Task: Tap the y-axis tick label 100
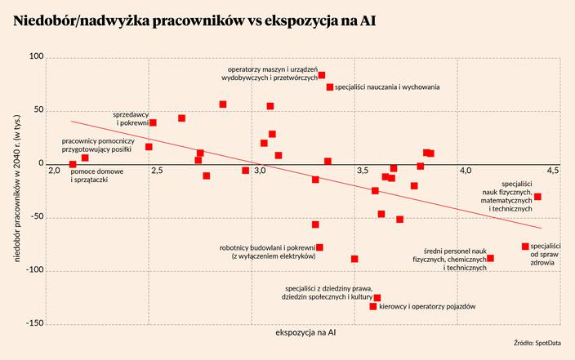tap(36, 57)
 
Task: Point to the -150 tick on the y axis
tap(33, 324)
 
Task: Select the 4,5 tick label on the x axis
tap(554, 171)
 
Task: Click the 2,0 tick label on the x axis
tap(54, 171)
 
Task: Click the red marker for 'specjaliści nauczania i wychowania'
tap(330, 87)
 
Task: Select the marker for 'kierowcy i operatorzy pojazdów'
tap(373, 306)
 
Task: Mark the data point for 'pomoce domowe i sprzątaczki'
tap(73, 164)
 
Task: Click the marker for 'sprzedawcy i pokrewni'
tap(153, 122)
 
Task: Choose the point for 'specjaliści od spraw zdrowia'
tap(525, 247)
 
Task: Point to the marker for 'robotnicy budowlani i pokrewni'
tap(319, 247)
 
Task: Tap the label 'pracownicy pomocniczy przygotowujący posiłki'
tap(97, 145)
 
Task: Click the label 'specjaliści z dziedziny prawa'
tap(328, 292)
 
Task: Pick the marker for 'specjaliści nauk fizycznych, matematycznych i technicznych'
tap(537, 197)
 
